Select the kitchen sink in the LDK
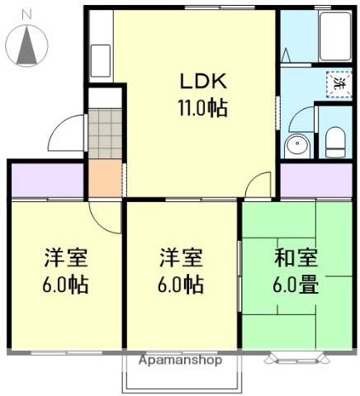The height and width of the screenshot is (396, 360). [101, 59]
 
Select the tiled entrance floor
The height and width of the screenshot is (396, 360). [105, 133]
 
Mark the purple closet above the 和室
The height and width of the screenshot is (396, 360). [315, 180]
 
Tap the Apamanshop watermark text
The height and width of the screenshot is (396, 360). [180, 361]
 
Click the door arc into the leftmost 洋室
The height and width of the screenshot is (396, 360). [105, 216]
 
